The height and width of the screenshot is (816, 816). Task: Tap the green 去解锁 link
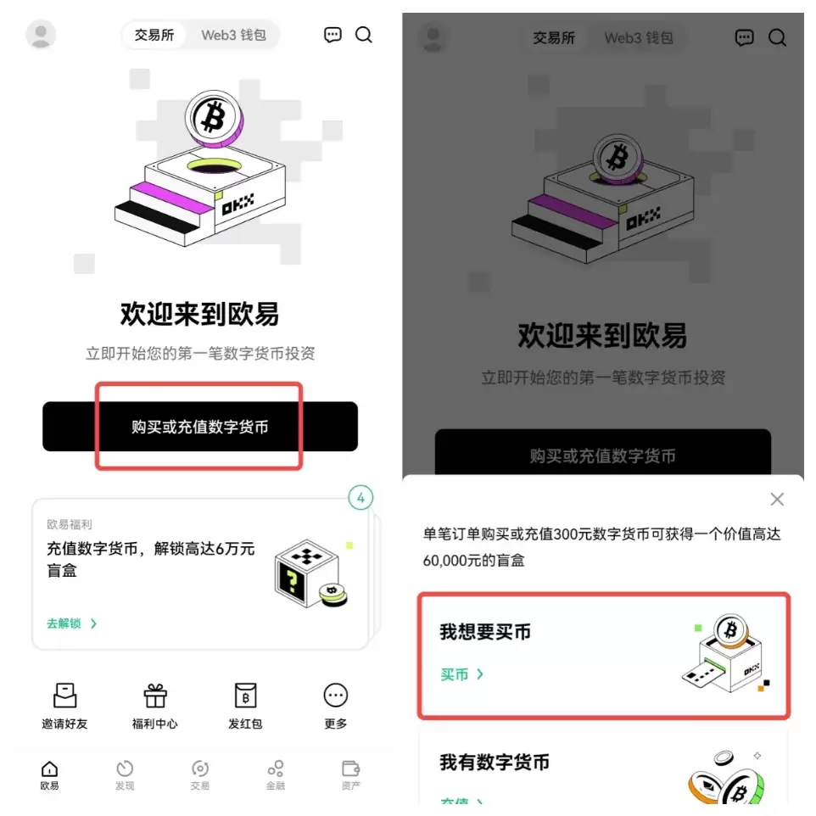click(71, 623)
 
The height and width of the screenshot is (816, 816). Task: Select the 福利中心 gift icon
click(154, 696)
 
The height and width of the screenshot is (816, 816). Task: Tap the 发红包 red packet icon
click(245, 696)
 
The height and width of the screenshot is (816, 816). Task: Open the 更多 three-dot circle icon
click(336, 696)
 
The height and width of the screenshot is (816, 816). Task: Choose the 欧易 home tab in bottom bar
click(50, 774)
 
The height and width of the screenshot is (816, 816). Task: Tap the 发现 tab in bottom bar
click(125, 774)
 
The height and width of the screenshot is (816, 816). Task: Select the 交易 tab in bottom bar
click(199, 774)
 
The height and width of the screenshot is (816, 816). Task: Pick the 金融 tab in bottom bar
click(275, 774)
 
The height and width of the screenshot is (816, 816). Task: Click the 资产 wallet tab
click(350, 774)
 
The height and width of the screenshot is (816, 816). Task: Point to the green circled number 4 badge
click(360, 499)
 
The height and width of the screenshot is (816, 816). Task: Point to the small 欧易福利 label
click(70, 525)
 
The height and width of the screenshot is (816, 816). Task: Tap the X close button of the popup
click(776, 500)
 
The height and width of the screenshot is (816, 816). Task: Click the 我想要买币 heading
click(484, 632)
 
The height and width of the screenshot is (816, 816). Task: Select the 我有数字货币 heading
click(495, 763)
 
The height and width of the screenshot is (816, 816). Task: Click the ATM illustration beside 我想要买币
click(726, 654)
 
